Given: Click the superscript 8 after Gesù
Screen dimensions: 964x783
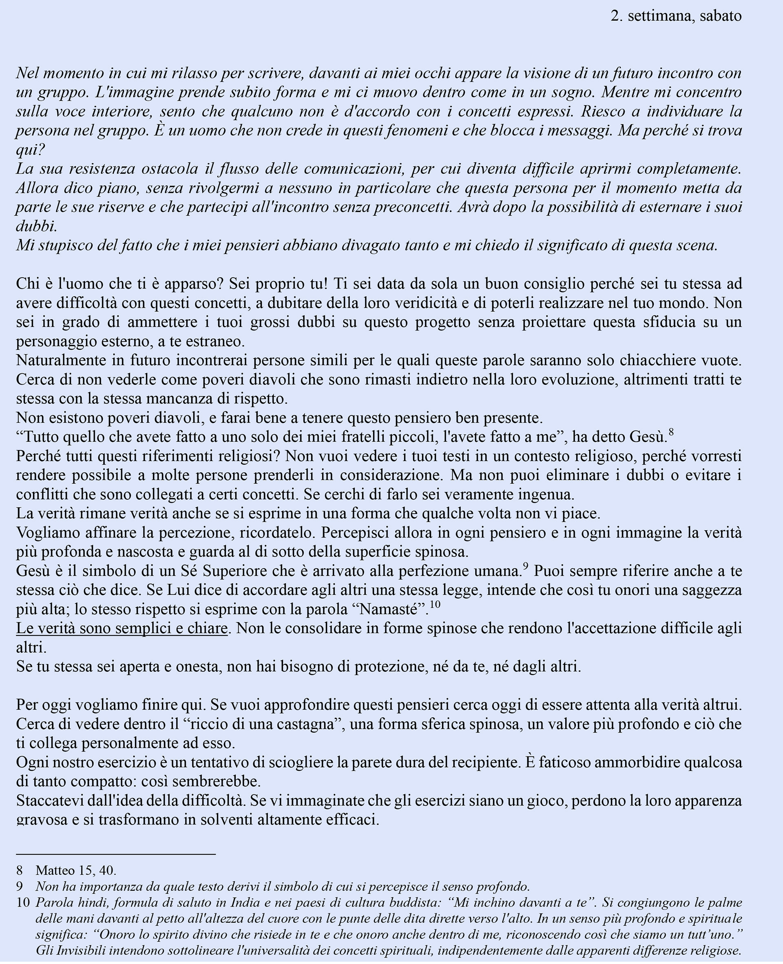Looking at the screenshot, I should pos(671,432).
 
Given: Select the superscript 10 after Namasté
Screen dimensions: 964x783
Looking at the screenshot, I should pos(434,604).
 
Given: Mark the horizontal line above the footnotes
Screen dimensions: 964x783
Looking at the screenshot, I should pos(116,854).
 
